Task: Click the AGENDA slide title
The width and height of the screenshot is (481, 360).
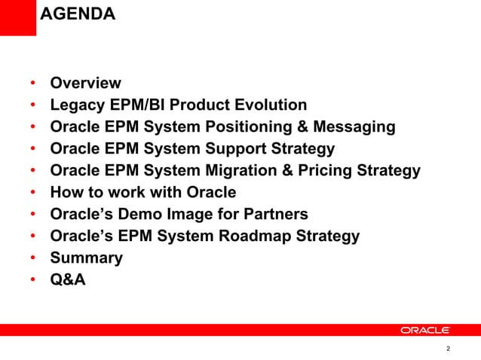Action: point(77,14)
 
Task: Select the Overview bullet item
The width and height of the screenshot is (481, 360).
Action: point(85,83)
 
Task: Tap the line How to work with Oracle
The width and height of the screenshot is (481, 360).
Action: point(142,193)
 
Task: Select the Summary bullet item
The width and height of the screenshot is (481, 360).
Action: point(86,258)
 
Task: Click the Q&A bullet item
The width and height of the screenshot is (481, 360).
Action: point(68,280)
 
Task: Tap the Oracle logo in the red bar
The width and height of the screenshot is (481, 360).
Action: point(425,330)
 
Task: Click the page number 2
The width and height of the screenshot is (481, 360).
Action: point(448,349)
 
